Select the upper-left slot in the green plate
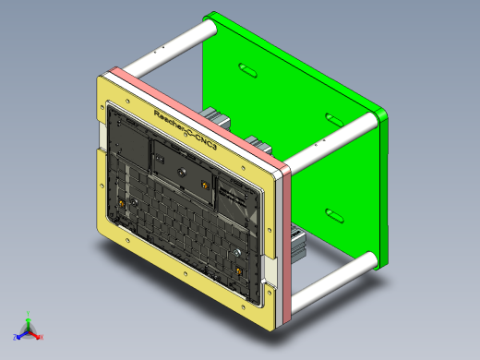tap(247, 68)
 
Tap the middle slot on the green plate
tap(334, 119)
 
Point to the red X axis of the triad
tap(38, 338)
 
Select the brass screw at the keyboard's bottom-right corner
tap(240, 269)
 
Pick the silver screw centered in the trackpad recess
tap(181, 170)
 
